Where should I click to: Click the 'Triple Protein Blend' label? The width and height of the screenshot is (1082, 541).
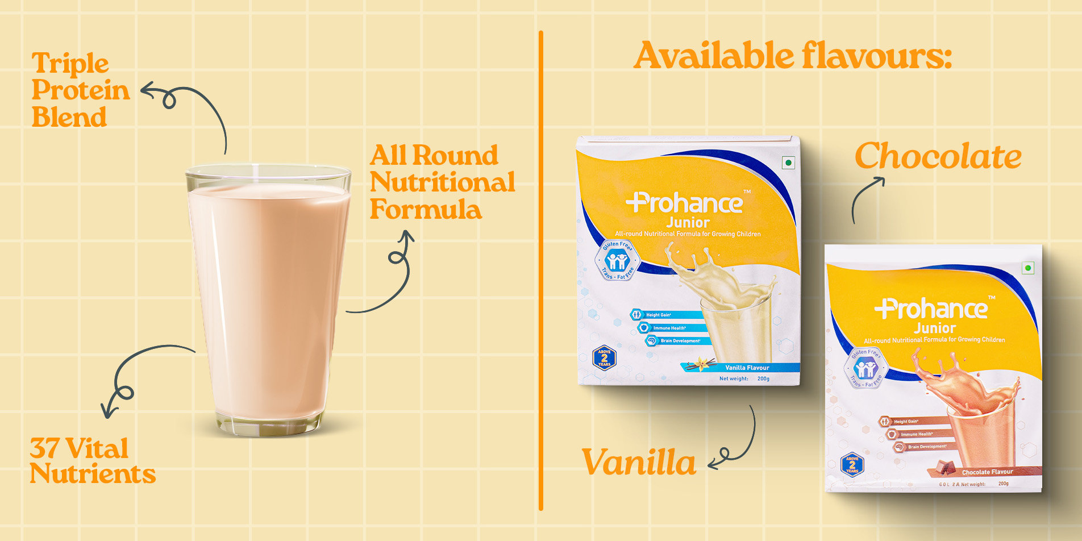80,90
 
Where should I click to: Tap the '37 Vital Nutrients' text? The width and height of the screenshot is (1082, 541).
92,461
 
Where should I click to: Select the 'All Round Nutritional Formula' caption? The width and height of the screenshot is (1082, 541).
442,182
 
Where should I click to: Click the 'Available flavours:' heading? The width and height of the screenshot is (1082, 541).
792,56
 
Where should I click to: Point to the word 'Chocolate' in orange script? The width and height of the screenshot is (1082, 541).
938,156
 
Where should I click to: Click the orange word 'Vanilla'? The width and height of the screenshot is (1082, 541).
638,462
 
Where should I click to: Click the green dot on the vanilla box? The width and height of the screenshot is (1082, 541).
788,163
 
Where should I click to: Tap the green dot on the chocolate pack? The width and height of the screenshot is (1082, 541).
1027,268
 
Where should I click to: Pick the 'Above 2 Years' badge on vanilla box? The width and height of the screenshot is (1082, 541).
604,358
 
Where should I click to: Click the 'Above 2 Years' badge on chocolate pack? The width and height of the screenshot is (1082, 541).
852,465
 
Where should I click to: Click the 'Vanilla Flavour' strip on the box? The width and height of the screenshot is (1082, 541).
746,368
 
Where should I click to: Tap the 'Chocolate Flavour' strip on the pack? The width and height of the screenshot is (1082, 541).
987,472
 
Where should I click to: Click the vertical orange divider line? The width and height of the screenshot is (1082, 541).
540,270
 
